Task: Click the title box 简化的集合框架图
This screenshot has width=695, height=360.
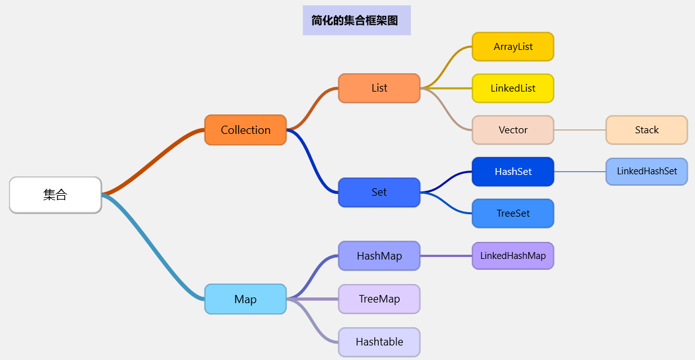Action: click(356, 20)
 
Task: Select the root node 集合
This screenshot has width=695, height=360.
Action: click(56, 195)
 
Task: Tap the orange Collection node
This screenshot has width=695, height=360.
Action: click(246, 130)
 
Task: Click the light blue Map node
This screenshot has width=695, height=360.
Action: click(246, 299)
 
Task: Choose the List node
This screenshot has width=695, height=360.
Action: click(379, 88)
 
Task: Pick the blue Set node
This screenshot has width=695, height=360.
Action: click(379, 193)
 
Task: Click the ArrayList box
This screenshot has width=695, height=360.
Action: click(513, 47)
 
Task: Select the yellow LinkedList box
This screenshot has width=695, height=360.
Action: click(513, 88)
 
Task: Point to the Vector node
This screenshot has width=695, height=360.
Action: click(513, 130)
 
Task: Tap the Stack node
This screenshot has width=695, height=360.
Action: click(646, 130)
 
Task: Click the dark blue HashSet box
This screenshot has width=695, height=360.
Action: click(513, 172)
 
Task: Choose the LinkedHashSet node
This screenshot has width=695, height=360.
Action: click(646, 172)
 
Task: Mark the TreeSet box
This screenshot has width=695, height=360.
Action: click(513, 213)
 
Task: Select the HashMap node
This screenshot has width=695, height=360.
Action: click(379, 256)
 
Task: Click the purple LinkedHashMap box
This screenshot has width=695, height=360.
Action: click(513, 256)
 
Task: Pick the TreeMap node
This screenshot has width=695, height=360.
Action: click(379, 299)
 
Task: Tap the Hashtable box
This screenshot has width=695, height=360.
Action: click(379, 342)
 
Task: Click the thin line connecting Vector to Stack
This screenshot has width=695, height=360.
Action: click(579, 129)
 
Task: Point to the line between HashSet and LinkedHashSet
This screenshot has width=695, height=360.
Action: click(579, 171)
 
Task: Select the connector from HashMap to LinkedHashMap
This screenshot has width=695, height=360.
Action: click(446, 256)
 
